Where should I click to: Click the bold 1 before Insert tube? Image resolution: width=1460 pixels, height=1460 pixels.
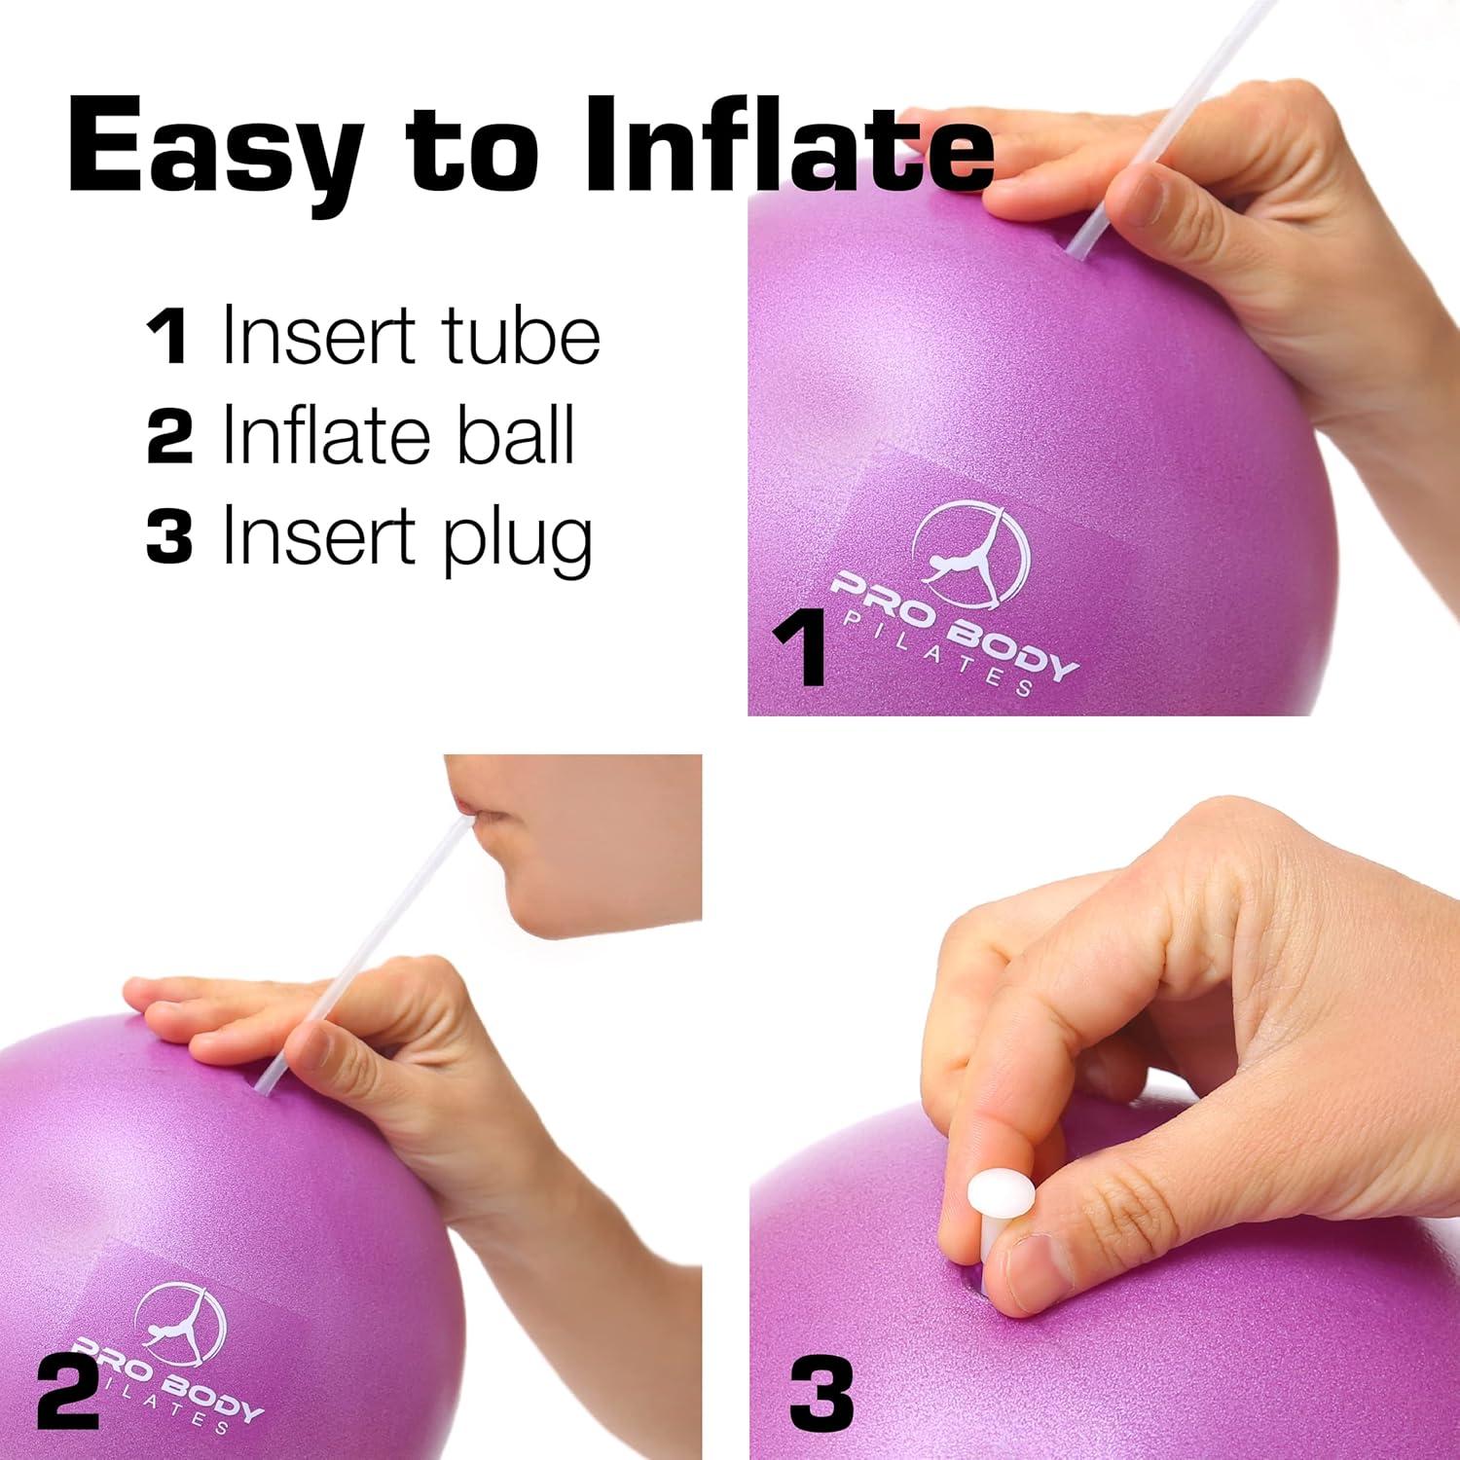(167, 337)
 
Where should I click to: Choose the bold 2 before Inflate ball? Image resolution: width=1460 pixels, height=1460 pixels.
(169, 436)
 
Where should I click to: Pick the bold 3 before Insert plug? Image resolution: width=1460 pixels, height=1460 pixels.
(169, 535)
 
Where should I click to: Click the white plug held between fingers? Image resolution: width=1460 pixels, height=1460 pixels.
(999, 1199)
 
